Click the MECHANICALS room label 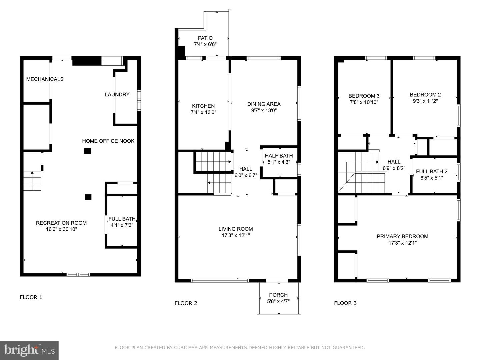click(x=45, y=79)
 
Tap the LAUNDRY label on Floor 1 click(x=117, y=94)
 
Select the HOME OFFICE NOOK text click(x=108, y=141)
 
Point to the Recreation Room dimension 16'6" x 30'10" click(x=61, y=229)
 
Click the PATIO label click(x=205, y=38)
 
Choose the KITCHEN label click(x=203, y=106)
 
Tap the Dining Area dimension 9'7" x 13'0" click(x=264, y=110)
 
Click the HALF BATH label click(x=279, y=156)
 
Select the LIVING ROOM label click(x=236, y=229)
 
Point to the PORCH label click(x=278, y=295)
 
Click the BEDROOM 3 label click(x=364, y=96)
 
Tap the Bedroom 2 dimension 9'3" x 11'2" click(x=425, y=101)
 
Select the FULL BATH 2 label click(x=432, y=172)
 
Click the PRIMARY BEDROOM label click(x=402, y=236)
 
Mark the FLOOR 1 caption click(x=31, y=297)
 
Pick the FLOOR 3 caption click(x=345, y=303)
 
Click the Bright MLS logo click(x=29, y=350)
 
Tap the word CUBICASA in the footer click(x=186, y=348)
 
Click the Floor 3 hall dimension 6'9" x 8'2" click(x=394, y=168)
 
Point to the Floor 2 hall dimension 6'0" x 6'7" click(x=246, y=175)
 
